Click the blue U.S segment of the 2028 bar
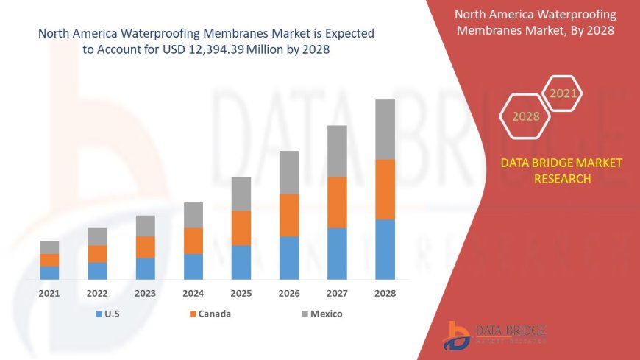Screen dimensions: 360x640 385,250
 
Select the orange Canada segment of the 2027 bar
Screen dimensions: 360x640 337,202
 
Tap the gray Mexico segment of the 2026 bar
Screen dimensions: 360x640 289,172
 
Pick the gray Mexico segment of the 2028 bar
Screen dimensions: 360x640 385,130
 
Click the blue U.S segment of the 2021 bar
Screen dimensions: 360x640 49,272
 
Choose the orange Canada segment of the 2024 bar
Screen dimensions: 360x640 193,241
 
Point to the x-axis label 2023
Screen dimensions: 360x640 145,293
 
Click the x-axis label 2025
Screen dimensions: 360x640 241,293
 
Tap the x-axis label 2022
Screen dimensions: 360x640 97,293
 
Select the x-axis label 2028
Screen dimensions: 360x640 385,293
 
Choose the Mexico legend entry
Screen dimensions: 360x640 321,314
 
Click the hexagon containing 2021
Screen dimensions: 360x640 563,93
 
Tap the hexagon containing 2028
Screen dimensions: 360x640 525,116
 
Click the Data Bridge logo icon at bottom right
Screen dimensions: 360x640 458,335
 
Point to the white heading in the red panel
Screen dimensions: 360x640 536,22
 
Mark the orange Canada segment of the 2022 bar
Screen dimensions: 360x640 97,253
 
